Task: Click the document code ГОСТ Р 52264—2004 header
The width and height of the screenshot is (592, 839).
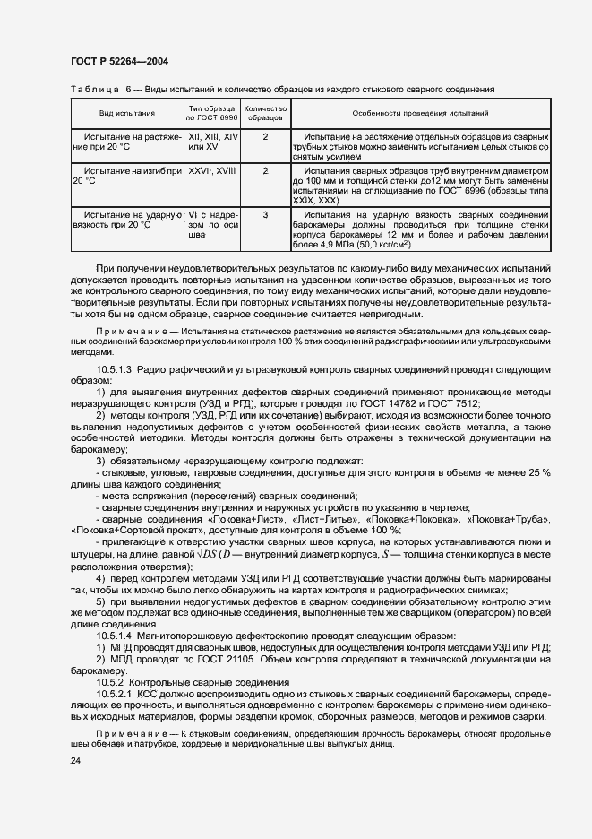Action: point(118,61)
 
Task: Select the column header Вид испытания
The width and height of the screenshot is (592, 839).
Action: point(126,114)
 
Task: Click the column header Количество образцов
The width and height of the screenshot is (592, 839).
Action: point(265,114)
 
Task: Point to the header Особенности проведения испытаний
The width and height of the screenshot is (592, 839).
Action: point(419,114)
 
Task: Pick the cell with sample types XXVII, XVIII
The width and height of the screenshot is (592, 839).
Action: point(210,169)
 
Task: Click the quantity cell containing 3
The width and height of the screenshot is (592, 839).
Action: point(265,215)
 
